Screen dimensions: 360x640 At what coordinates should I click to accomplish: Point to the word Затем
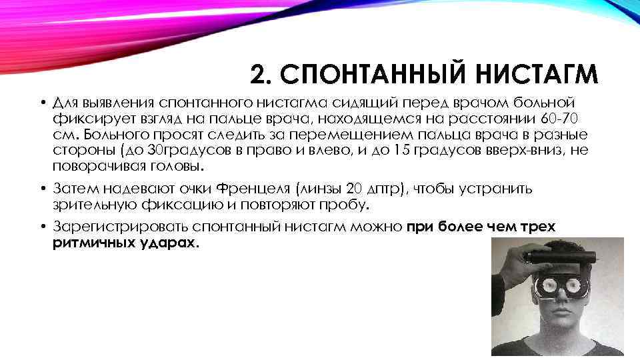(74, 189)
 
